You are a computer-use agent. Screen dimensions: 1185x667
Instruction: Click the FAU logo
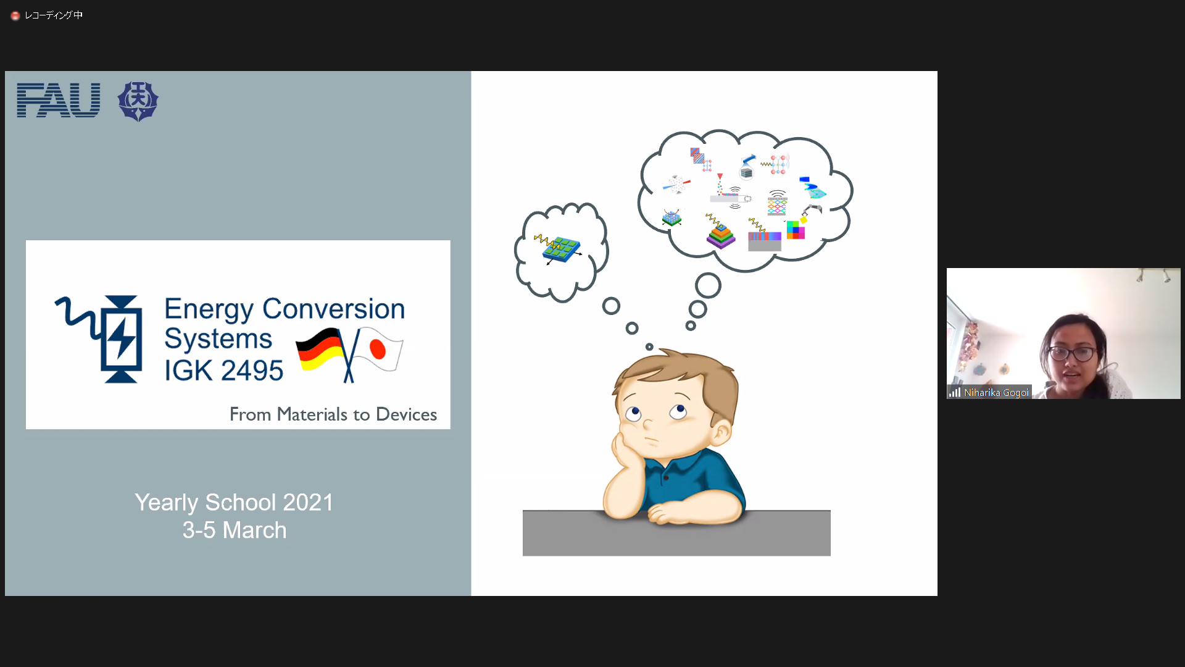point(59,100)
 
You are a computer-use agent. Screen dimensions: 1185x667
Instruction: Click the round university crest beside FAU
point(138,101)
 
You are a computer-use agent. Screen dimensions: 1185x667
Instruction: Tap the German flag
point(320,349)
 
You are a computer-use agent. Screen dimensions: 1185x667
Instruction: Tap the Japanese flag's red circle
point(378,349)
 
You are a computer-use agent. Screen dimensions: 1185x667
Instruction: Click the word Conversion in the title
point(333,309)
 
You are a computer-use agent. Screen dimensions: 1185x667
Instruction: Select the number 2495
point(252,371)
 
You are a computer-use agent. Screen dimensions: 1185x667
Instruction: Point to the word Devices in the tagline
point(406,414)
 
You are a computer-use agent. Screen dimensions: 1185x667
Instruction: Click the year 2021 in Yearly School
point(308,503)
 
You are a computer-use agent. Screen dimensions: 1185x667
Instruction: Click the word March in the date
point(254,531)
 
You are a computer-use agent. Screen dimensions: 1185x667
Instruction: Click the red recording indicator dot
point(15,15)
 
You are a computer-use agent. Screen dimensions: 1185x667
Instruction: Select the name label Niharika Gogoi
point(996,393)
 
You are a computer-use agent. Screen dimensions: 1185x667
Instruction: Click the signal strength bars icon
point(955,392)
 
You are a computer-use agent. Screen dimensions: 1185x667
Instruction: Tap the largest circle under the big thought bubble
point(708,285)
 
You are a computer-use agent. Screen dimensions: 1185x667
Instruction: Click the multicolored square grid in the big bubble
point(796,230)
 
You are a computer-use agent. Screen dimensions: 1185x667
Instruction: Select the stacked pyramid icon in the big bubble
point(721,235)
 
